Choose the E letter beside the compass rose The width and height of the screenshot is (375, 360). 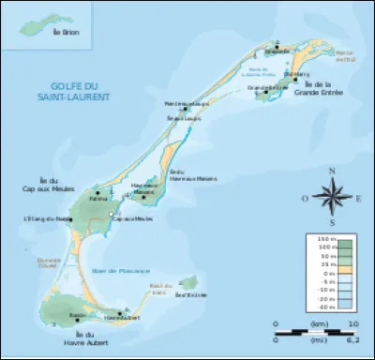point(357,198)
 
